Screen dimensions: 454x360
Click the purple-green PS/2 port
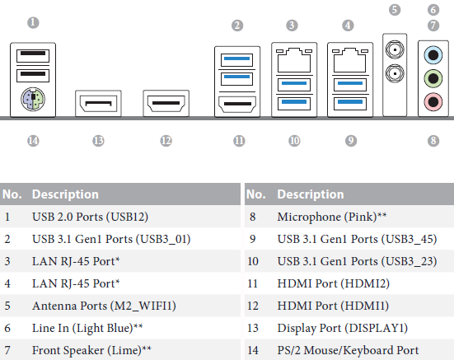[x=33, y=99]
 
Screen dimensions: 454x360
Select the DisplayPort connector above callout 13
[x=98, y=103]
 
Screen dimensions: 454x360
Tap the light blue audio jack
[x=433, y=54]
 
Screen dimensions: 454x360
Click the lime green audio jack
[x=433, y=78]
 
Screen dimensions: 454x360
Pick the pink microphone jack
[x=433, y=101]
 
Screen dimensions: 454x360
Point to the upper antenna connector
[x=395, y=49]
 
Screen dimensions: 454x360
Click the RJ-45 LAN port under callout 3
[x=294, y=60]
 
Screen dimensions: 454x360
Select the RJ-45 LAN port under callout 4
[x=349, y=60]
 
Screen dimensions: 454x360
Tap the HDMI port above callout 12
[x=166, y=103]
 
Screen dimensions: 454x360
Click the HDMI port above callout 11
[x=237, y=104]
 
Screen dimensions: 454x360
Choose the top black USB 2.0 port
[x=33, y=56]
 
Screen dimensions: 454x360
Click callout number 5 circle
[x=395, y=10]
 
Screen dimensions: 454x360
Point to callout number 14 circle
[x=33, y=141]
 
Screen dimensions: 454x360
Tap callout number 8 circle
[x=433, y=141]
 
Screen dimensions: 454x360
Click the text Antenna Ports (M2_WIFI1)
[x=105, y=306]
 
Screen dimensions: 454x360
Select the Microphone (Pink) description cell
[x=332, y=217]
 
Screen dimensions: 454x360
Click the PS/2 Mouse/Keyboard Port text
[x=348, y=350]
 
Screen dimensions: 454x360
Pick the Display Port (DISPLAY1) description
[x=343, y=328]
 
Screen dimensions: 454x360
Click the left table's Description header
[x=65, y=194]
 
